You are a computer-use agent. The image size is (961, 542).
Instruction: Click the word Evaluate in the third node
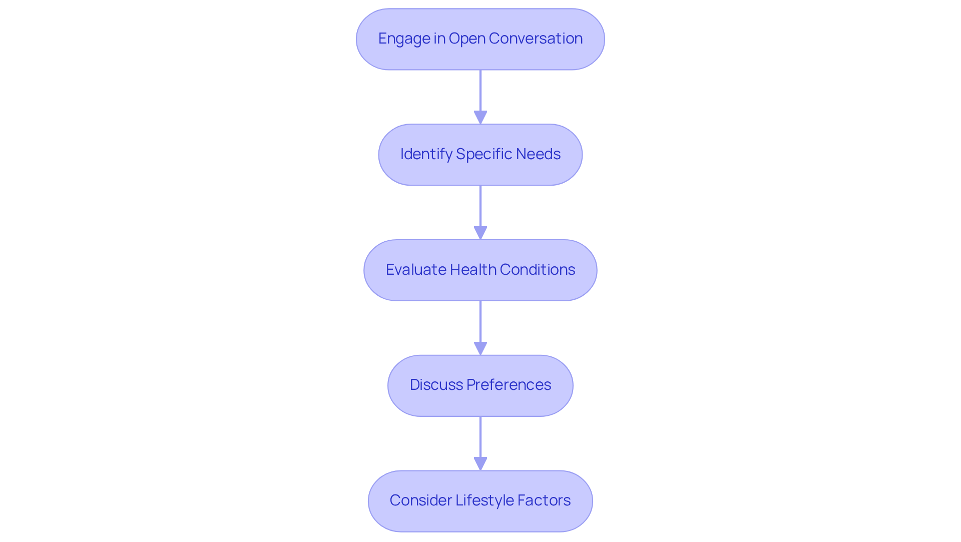[416, 270]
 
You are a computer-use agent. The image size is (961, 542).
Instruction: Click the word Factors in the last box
[544, 500]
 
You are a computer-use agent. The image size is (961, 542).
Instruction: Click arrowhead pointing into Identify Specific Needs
[480, 118]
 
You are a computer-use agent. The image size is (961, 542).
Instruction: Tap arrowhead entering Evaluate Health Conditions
[480, 233]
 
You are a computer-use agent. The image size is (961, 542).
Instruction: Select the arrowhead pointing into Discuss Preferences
[480, 349]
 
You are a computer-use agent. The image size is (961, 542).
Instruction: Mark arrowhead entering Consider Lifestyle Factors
[480, 464]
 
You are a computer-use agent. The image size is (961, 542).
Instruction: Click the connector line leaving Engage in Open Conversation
[480, 90]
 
